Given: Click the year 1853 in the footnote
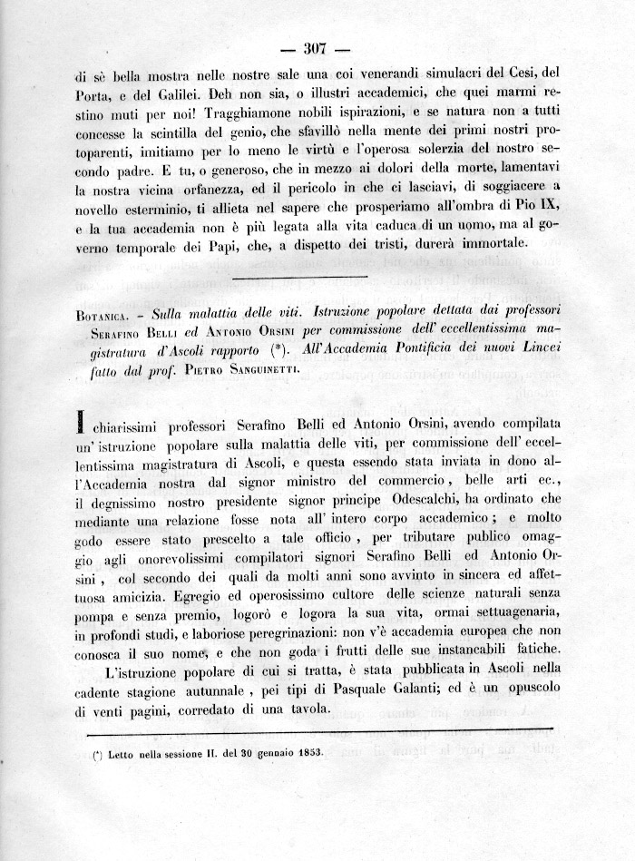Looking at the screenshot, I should point(301,756).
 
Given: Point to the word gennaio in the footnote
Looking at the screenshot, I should point(252,756).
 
